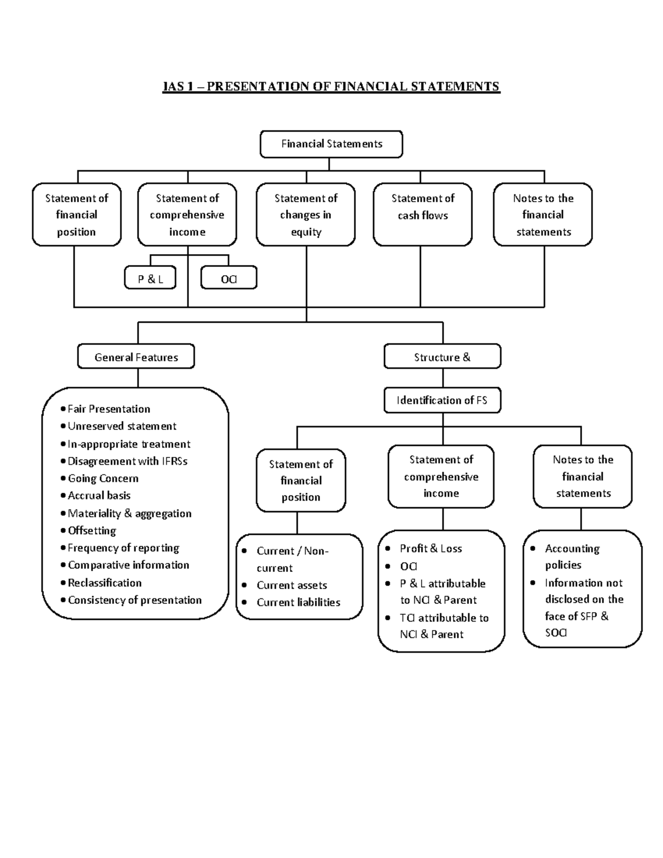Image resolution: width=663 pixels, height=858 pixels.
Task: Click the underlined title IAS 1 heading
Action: pyautogui.click(x=331, y=87)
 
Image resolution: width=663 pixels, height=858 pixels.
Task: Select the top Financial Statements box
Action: pyautogui.click(x=331, y=144)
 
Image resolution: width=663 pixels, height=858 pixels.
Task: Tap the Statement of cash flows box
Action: pyautogui.click(x=423, y=214)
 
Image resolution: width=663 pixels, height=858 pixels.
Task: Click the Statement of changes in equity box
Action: pyautogui.click(x=306, y=214)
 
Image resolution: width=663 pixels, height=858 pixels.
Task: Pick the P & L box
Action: pyautogui.click(x=150, y=278)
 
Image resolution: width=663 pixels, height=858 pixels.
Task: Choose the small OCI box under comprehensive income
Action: pyautogui.click(x=229, y=278)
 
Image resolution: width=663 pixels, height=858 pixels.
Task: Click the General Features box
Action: pyautogui.click(x=136, y=357)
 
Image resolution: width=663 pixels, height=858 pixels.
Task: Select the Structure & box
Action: pyautogui.click(x=442, y=357)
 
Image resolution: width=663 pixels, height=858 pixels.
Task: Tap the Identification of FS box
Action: pyautogui.click(x=442, y=401)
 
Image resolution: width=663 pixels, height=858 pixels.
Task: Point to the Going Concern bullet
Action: pyautogui.click(x=103, y=478)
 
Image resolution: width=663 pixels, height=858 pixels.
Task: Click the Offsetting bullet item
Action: pyautogui.click(x=92, y=530)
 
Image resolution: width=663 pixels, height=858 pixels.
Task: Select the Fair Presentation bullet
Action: pyautogui.click(x=109, y=409)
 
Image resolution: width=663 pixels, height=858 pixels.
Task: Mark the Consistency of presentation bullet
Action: pyautogui.click(x=134, y=600)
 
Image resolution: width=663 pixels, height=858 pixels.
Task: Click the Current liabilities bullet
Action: pyautogui.click(x=298, y=602)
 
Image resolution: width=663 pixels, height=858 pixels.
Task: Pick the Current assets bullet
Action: pyautogui.click(x=292, y=585)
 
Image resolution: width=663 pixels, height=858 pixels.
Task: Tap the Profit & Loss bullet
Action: pyautogui.click(x=430, y=549)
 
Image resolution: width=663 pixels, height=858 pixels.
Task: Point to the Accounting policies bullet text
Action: pyautogui.click(x=571, y=556)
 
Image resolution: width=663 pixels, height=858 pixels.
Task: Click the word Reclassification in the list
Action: pyautogui.click(x=104, y=583)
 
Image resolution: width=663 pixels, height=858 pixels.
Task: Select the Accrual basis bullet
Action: pyautogui.click(x=99, y=496)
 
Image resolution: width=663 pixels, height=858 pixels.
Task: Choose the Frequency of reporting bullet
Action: pyautogui.click(x=123, y=548)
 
